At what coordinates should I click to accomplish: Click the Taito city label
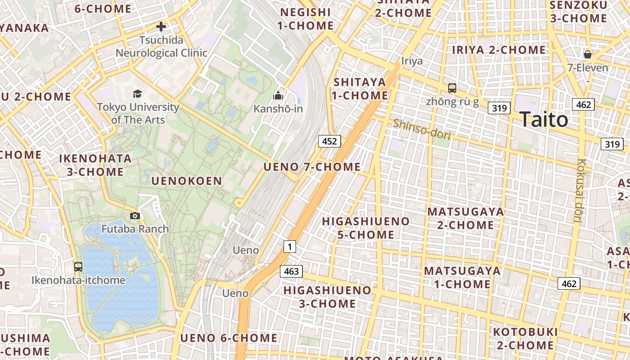click(544, 120)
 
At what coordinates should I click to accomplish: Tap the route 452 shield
click(329, 141)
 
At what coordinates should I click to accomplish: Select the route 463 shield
click(291, 271)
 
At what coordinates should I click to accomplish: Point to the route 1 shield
click(290, 246)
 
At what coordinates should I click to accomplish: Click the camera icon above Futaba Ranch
click(135, 216)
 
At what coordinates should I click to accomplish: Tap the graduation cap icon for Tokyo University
click(137, 94)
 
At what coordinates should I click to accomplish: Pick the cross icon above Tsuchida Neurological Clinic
click(161, 27)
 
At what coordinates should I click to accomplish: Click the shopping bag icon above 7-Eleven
click(587, 55)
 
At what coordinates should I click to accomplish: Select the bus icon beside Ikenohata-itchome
click(78, 266)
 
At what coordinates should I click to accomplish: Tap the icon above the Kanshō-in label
click(278, 95)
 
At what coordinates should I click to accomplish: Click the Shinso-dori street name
click(422, 129)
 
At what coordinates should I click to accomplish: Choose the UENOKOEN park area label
click(187, 181)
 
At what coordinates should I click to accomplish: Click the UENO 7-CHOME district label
click(312, 167)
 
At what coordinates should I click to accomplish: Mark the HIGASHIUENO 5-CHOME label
click(366, 228)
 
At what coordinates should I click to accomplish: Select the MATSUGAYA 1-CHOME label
click(462, 277)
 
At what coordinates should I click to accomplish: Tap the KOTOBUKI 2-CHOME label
click(525, 338)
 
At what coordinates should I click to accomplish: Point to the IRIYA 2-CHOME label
click(499, 49)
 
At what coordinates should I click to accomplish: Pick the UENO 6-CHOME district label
click(229, 338)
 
